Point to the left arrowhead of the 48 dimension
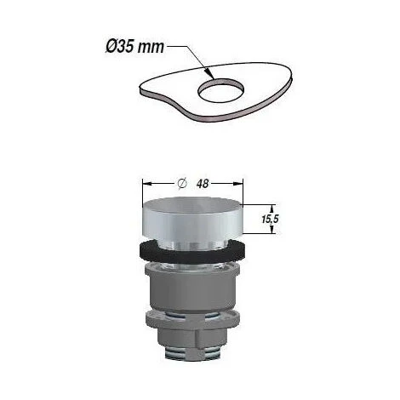(145, 182)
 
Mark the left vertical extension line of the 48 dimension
(141, 191)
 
